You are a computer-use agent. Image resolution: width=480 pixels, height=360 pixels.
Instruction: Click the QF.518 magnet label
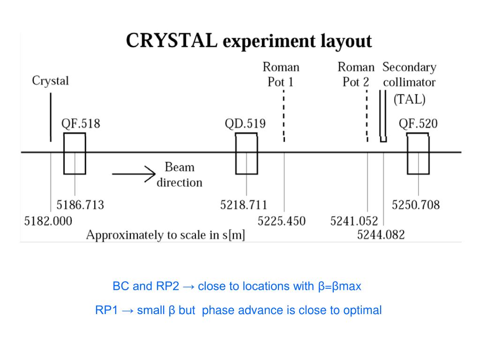[x=81, y=124]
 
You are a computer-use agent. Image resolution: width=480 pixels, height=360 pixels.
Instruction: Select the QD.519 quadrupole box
[x=246, y=154]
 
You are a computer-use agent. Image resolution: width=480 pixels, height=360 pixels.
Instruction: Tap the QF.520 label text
[x=418, y=124]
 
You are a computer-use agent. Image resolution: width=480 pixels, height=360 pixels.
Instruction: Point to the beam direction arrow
[x=133, y=174]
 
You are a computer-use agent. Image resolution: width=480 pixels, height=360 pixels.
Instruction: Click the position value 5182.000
[x=48, y=221]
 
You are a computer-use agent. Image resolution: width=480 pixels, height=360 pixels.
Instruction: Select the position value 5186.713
[x=80, y=205]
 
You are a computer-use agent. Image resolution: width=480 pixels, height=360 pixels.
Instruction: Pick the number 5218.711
[x=244, y=205]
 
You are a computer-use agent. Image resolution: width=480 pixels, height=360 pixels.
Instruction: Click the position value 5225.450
[x=281, y=221]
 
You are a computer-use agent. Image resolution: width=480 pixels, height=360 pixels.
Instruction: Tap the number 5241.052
[x=354, y=221]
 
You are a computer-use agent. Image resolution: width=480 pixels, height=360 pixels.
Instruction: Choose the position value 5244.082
[x=381, y=234]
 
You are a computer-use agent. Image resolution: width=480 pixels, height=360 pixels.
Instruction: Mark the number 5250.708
[x=416, y=205]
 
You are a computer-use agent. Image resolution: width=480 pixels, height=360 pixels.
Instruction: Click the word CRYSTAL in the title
[x=172, y=41]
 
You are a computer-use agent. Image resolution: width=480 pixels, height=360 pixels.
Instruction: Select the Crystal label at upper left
[x=50, y=81]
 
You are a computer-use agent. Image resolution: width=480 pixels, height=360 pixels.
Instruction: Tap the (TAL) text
[x=409, y=99]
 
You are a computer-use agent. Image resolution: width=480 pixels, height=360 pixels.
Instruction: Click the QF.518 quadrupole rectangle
[x=75, y=154]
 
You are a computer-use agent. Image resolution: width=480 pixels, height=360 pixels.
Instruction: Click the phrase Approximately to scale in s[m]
[x=165, y=235]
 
